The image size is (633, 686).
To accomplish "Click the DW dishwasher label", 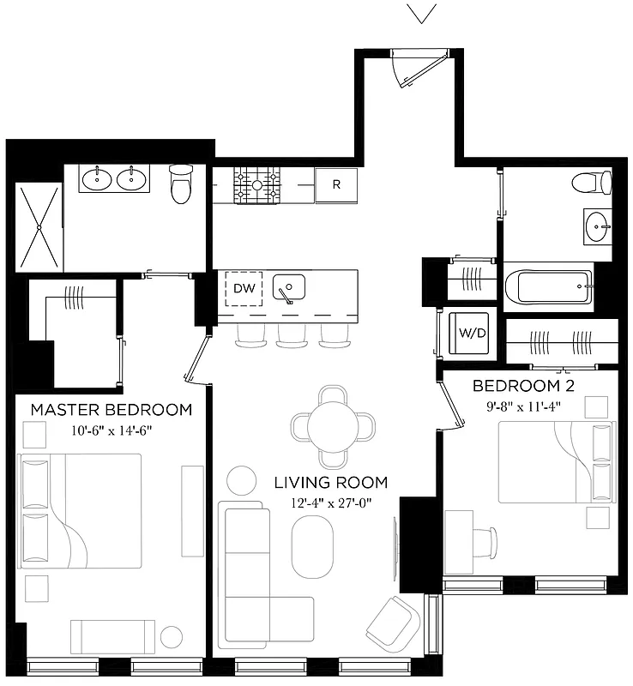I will pos(244,289).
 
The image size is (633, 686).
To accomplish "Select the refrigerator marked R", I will pos(336,184).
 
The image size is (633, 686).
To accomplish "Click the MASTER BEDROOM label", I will pos(111,409).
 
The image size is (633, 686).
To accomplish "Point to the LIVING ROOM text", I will pos(331,482).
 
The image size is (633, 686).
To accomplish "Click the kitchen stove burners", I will pos(257,184).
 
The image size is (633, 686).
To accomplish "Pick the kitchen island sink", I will pos(289,287).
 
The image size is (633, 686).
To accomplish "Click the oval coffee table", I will pos(312,548).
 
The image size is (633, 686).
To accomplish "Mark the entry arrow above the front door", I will pos(421,13).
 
